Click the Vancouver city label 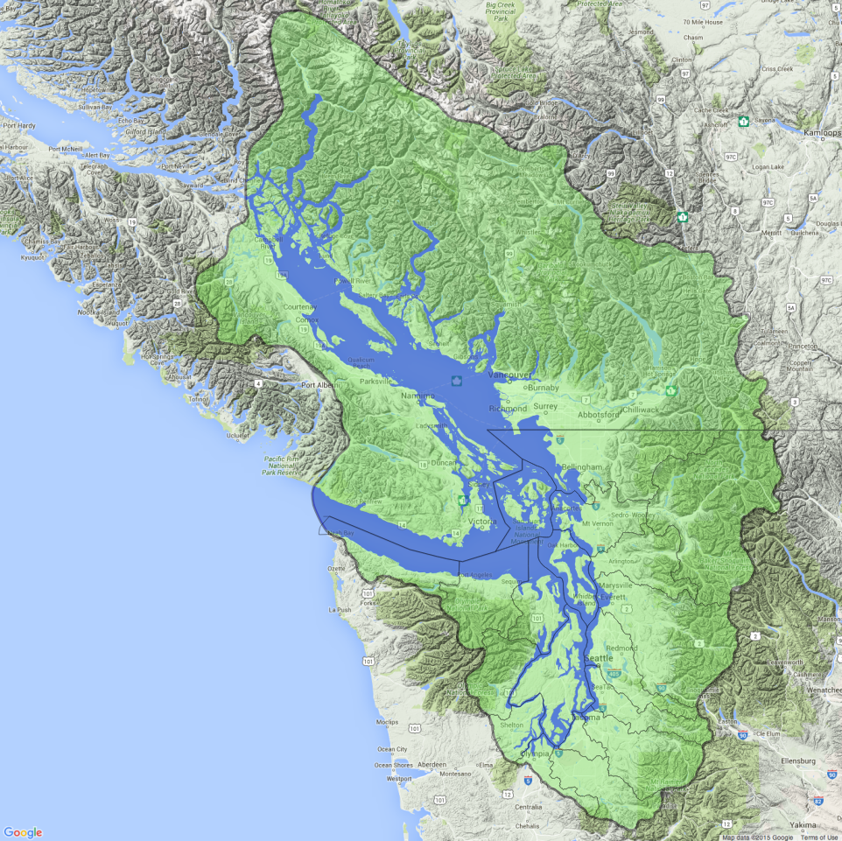(504, 375)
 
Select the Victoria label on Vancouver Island (482, 522)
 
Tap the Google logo (23, 832)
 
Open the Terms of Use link (818, 837)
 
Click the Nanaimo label (417, 396)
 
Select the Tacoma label (586, 718)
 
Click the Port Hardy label (18, 125)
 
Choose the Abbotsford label (597, 416)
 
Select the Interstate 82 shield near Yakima (817, 800)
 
